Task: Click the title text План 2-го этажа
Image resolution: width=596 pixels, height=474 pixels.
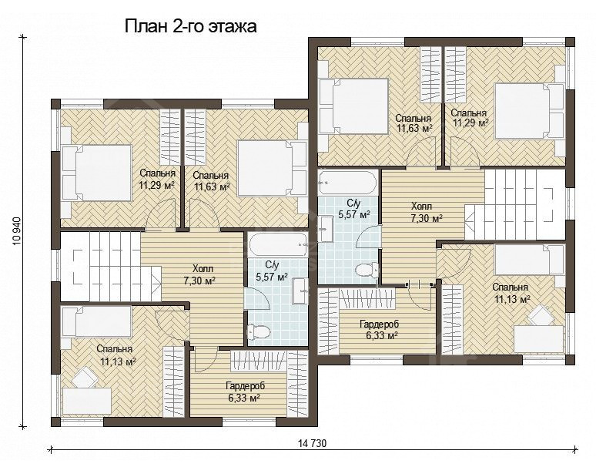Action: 190,26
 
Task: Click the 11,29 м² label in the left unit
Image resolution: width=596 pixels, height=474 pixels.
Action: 156,185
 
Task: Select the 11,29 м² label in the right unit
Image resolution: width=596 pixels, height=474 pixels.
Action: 470,122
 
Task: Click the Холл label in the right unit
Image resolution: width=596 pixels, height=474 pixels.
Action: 421,207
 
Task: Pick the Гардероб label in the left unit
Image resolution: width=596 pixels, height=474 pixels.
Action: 243,385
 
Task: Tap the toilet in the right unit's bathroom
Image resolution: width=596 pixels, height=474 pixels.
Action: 364,269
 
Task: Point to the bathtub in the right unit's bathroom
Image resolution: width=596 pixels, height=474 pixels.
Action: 348,184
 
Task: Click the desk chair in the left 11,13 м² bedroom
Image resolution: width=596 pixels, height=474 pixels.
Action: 83,377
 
